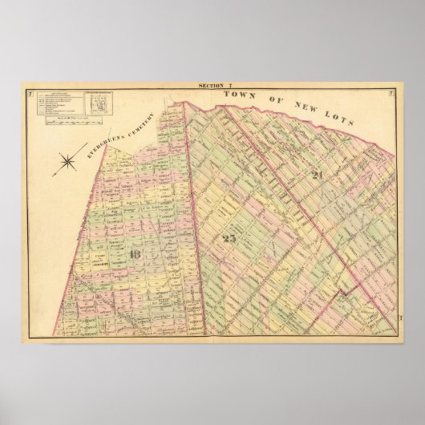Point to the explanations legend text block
(x=56, y=101)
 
